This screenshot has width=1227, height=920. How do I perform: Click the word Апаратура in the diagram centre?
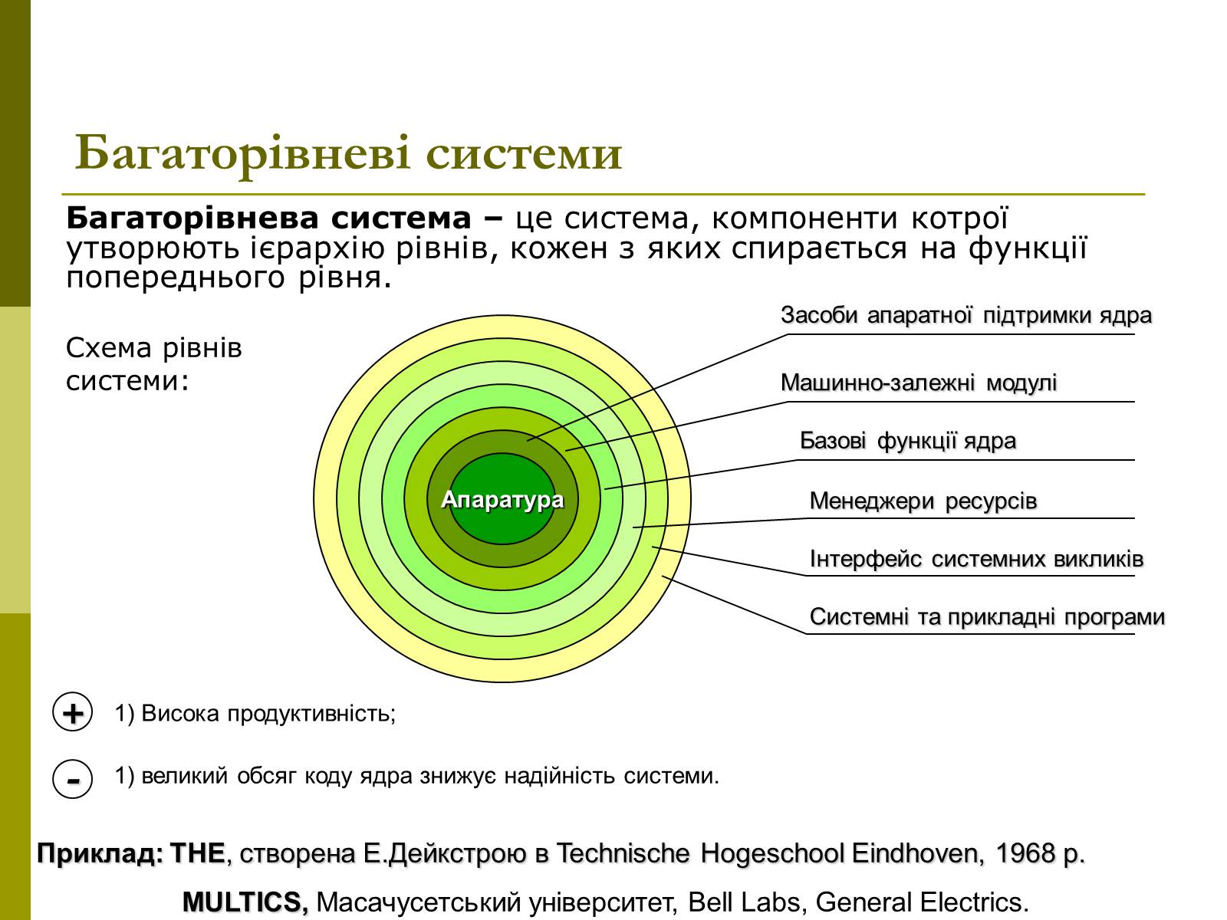pyautogui.click(x=502, y=500)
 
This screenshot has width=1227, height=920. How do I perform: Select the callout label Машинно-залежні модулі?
pyautogui.click(x=919, y=383)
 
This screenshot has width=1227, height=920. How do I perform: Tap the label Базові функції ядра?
pyautogui.click(x=908, y=442)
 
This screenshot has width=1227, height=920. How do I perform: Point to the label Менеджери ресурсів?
pyautogui.click(x=923, y=501)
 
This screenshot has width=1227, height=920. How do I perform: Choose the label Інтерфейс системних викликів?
pyautogui.click(x=976, y=559)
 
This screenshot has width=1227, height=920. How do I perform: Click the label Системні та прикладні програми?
pyautogui.click(x=987, y=617)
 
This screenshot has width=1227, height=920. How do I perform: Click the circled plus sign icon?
pyautogui.click(x=72, y=711)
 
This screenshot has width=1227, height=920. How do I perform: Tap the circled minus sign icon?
pyautogui.click(x=72, y=778)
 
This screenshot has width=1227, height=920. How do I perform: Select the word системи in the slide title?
pyautogui.click(x=524, y=153)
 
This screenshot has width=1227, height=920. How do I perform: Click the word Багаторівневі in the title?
pyautogui.click(x=243, y=153)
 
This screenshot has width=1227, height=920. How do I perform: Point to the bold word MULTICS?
pyautogui.click(x=245, y=902)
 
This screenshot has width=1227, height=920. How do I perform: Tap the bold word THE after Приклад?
pyautogui.click(x=197, y=853)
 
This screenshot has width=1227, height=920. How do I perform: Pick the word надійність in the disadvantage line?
pyautogui.click(x=560, y=776)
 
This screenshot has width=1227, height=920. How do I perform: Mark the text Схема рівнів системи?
pyautogui.click(x=153, y=364)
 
